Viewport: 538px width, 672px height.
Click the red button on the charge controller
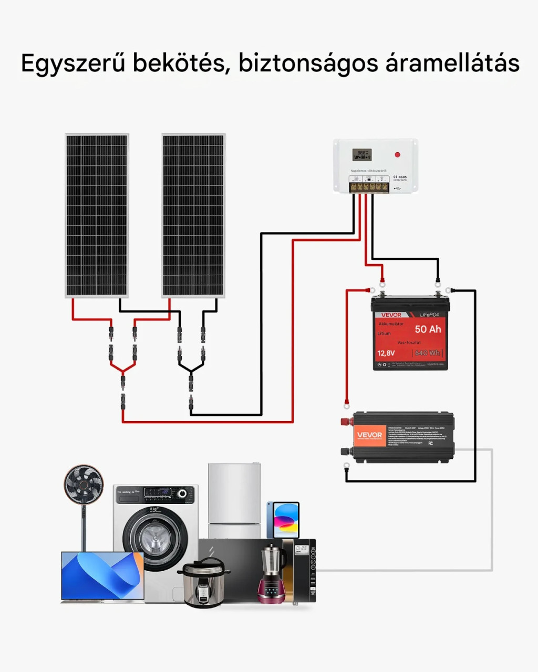point(397,155)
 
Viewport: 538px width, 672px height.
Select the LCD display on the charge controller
point(361,154)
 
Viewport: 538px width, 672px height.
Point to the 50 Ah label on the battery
point(428,329)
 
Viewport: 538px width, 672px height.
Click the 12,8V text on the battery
point(386,353)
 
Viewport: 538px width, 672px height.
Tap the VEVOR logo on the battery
point(391,315)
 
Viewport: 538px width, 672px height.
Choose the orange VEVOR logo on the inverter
point(370,435)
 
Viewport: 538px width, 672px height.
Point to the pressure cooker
point(204,584)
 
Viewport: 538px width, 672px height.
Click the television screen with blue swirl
point(102,576)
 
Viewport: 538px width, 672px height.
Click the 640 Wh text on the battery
point(428,353)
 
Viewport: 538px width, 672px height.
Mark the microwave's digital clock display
point(301,549)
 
